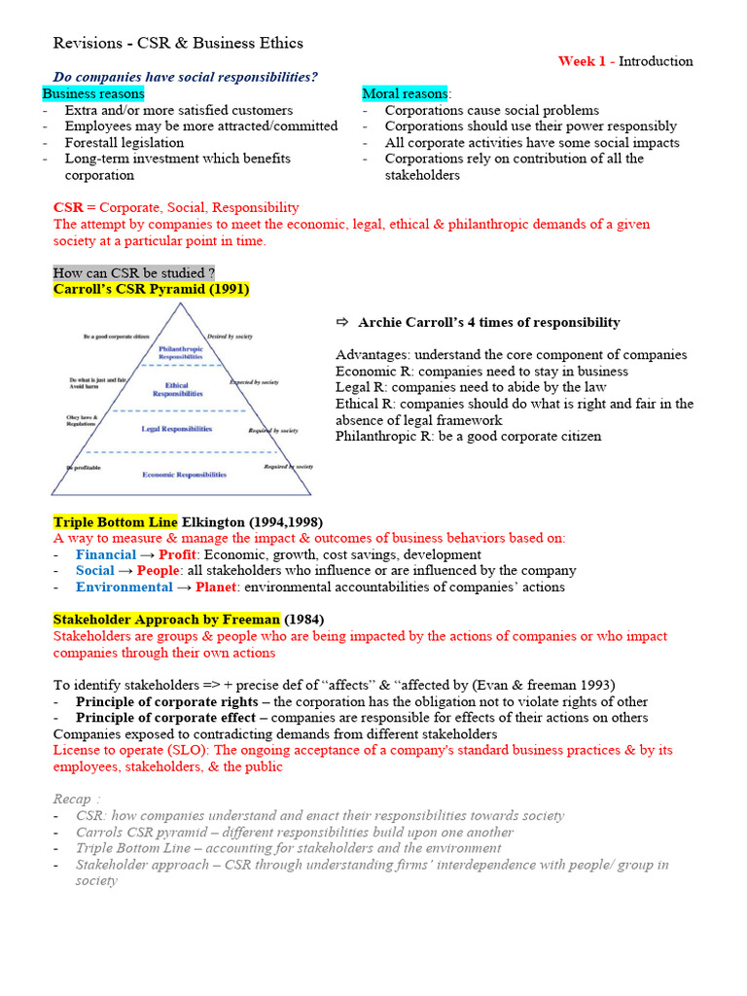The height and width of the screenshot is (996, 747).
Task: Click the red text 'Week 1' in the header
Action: click(582, 61)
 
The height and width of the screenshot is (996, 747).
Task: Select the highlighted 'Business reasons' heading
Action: click(93, 93)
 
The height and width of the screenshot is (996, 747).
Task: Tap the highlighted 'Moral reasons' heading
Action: click(405, 93)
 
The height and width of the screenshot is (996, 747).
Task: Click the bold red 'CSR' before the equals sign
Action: click(68, 207)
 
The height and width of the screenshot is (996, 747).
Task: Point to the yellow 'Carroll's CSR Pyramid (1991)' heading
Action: click(151, 289)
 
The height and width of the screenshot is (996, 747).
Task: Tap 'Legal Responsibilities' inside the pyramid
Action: click(178, 428)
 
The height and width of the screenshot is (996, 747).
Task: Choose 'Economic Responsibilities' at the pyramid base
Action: click(184, 475)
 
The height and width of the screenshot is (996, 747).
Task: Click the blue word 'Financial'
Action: click(105, 554)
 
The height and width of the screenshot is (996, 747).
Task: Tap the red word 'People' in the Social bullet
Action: click(158, 571)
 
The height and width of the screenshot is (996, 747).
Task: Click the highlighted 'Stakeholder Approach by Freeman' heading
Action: click(166, 620)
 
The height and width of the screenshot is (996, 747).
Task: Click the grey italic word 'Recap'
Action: click(73, 800)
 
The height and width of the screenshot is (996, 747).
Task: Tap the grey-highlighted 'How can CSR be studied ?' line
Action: click(134, 273)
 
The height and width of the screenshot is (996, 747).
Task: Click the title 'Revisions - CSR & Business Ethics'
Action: click(177, 43)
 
